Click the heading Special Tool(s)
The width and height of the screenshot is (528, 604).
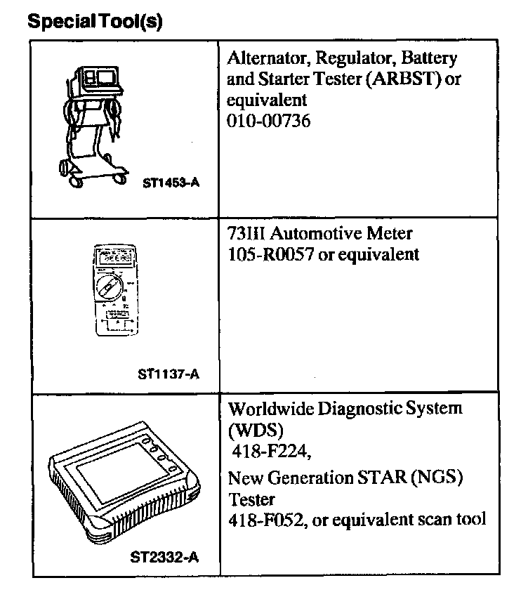point(95,22)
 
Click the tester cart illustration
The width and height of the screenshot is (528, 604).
point(94,124)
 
